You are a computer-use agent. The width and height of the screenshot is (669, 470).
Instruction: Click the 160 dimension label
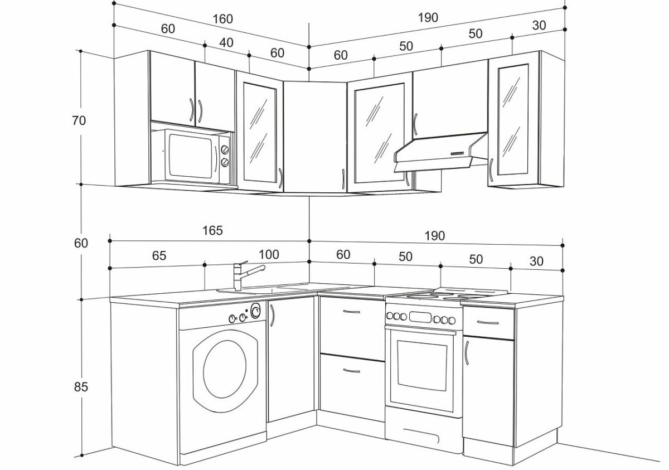pos(222,19)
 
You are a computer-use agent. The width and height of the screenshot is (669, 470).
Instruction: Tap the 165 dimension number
pos(212,230)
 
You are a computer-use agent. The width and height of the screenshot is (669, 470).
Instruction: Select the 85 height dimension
pos(81,387)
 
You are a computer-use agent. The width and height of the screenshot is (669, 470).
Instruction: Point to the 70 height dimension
pos(79,120)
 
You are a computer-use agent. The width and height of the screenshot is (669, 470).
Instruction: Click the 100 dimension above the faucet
pos(269,254)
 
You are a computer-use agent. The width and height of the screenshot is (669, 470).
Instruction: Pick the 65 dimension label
pos(159,255)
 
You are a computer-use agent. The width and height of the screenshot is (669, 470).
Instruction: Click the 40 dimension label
pos(226,42)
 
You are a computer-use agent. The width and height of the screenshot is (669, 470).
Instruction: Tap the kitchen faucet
pos(249,275)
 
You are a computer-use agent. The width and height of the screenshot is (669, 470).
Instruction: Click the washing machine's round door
pos(225,370)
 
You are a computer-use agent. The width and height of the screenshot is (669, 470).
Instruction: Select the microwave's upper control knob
pos(225,149)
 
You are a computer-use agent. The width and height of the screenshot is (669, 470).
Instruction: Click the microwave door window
pos(191,156)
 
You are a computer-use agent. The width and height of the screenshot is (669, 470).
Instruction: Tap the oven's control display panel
pos(420,317)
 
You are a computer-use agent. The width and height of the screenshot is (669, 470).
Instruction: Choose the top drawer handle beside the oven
pos(488,322)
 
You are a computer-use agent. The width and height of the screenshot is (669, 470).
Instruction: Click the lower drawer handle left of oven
pos(352,371)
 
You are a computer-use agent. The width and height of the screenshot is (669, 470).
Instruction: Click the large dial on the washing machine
pos(255,311)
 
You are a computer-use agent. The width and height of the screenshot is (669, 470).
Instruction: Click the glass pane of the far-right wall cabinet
pos(512,119)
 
